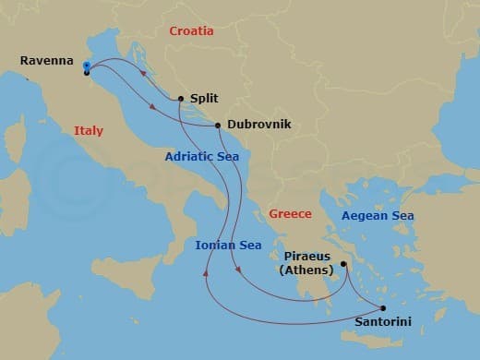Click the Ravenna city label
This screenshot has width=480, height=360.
click(47, 61)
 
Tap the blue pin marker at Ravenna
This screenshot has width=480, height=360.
click(86, 66)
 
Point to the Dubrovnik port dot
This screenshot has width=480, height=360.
click(217, 126)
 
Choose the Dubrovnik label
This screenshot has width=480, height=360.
click(256, 126)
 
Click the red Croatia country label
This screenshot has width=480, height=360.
click(191, 31)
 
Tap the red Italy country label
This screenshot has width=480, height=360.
click(89, 131)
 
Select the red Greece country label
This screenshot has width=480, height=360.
click(290, 214)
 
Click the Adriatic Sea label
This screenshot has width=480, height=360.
click(201, 157)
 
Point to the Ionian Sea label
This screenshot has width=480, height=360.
click(228, 245)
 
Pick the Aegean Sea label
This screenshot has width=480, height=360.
click(378, 216)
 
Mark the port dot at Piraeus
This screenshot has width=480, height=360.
click(342, 264)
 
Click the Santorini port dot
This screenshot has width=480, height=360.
click(383, 308)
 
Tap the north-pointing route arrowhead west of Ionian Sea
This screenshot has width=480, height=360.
click(205, 273)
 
